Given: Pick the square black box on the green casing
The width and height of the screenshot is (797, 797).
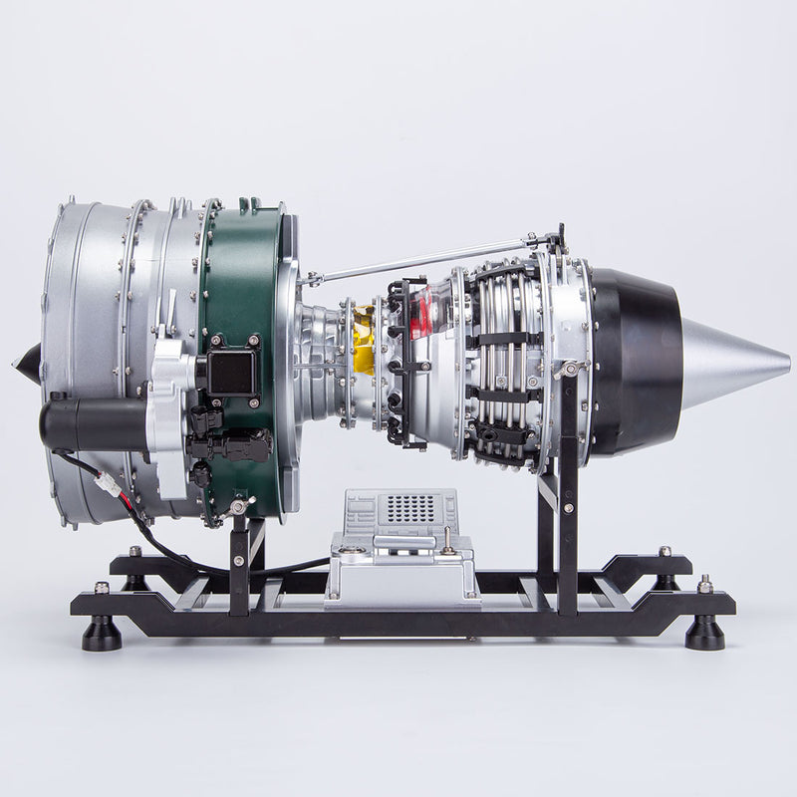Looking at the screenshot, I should click(x=230, y=372).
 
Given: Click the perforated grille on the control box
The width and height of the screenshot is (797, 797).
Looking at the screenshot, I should click(x=410, y=508).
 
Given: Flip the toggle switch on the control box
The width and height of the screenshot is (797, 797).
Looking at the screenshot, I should click(x=449, y=542).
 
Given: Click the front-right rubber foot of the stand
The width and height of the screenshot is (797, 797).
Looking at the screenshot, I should click(x=704, y=633).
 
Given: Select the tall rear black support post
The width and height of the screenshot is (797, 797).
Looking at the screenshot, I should click(x=568, y=498).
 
